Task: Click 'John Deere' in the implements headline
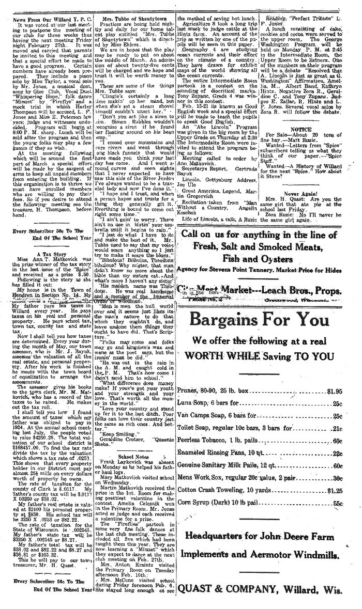pyautogui.click(x=279, y=536)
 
